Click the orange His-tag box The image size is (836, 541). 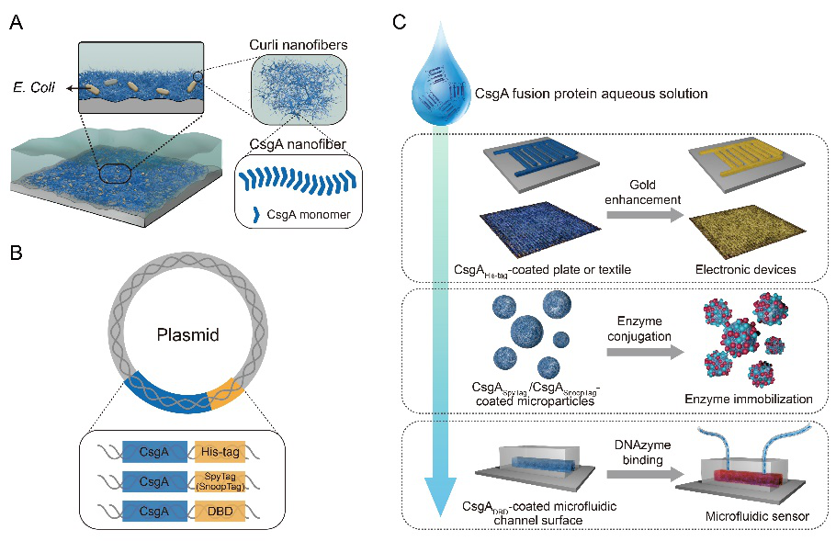[x=222, y=451]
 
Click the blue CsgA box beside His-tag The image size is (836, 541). [x=154, y=451]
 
